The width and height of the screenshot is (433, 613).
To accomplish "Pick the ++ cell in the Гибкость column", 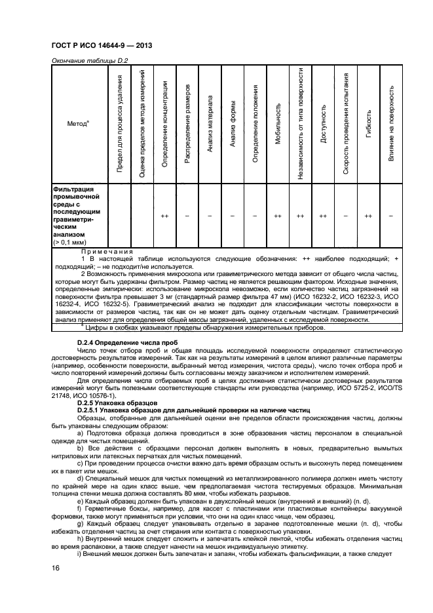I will [x=368, y=215].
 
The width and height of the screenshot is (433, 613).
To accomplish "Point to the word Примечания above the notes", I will [x=107, y=251].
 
